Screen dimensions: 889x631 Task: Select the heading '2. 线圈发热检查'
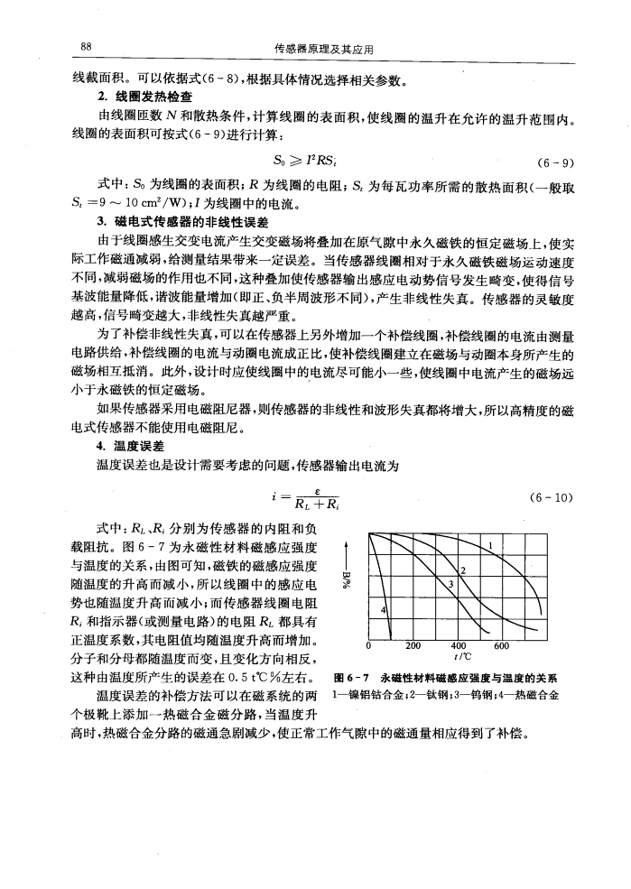(x=150, y=97)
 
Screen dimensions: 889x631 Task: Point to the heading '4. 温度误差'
(x=135, y=445)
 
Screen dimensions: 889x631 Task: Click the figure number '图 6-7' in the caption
(x=351, y=679)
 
